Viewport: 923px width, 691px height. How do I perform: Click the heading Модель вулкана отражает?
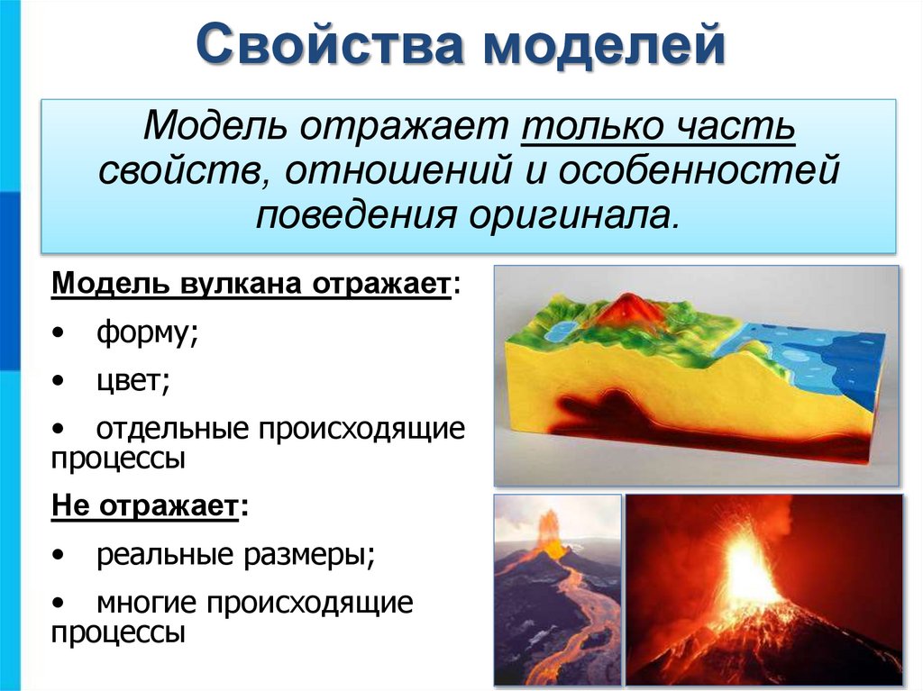[x=251, y=284]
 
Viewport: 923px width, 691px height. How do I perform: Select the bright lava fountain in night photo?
[x=747, y=568]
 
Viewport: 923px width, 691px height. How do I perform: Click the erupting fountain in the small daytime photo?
[x=547, y=532]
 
